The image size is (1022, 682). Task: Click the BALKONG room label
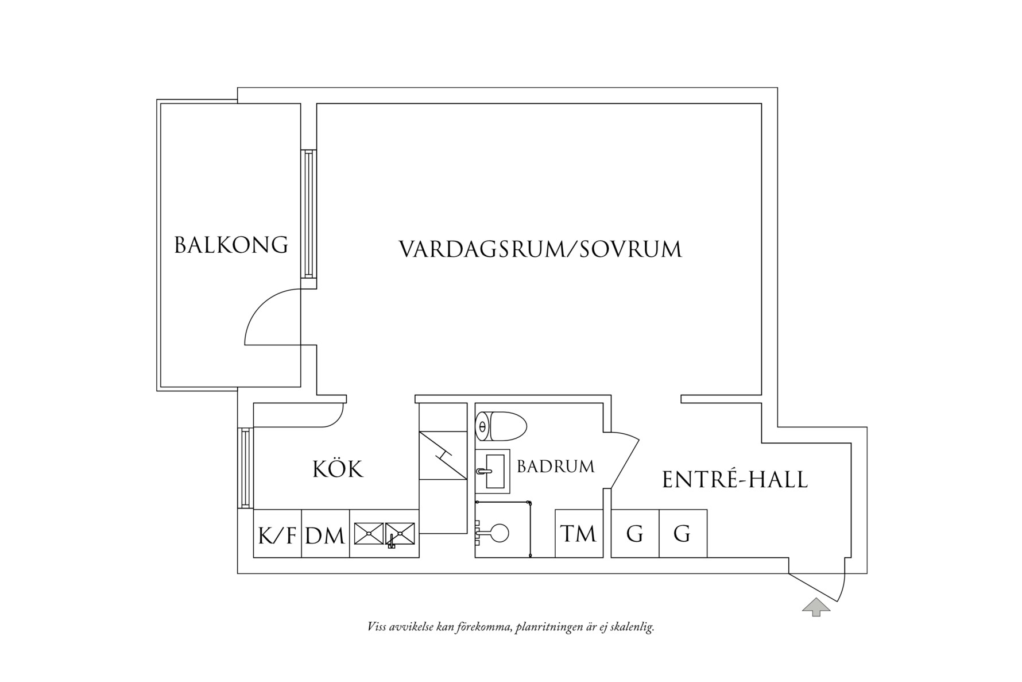231,245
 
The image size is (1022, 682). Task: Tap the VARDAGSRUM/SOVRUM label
540,249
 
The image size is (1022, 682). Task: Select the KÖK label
338,469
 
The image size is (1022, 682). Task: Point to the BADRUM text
555,467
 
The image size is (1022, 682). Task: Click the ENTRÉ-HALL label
734,480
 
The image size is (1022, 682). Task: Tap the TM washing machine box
579,534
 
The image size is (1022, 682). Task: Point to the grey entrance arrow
816,607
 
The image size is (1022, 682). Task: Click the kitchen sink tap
392,541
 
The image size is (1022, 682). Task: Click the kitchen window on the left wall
245,468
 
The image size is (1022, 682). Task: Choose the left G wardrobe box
634,534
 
